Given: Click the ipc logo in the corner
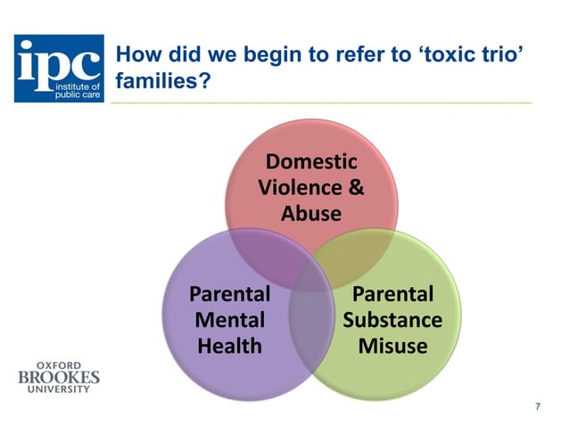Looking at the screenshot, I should click(59, 69).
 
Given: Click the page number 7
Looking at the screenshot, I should click(537, 406).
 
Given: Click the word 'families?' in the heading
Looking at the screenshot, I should click(160, 81).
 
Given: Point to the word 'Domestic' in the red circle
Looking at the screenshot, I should click(311, 162).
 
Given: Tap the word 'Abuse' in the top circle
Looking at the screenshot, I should click(311, 214).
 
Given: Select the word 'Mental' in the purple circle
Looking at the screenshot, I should click(229, 319).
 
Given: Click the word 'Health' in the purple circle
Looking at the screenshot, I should click(229, 345).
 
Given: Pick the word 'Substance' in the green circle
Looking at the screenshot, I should click(392, 319).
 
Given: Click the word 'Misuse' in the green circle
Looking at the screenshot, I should click(392, 345).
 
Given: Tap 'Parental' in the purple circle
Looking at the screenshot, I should click(229, 293).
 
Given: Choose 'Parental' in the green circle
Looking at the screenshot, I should click(392, 293).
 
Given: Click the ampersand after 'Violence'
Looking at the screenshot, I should click(356, 188).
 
